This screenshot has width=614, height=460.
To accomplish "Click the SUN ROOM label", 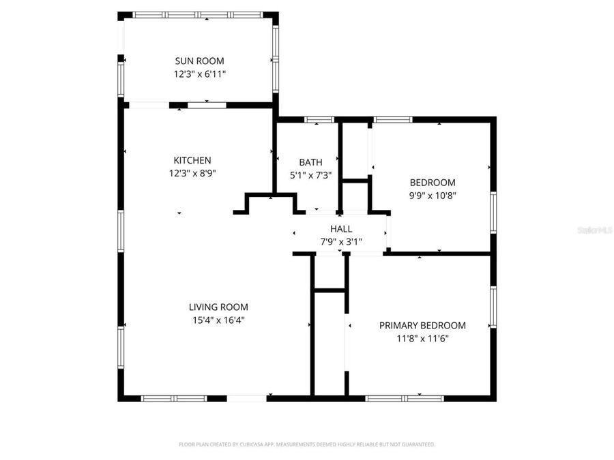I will coord(199,61).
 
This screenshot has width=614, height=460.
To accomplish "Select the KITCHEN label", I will coord(192,160).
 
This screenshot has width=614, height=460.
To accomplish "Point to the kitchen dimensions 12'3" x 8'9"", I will coord(192,172).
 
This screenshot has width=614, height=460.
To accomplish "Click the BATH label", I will coord(310,162).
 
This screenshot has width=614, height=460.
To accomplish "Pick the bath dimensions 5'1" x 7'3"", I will coord(310,174).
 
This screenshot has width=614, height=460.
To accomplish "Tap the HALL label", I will coord(341,229).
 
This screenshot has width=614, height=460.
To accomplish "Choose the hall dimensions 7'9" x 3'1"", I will coord(341,241).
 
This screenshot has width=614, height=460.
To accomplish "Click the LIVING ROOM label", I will coord(218,307).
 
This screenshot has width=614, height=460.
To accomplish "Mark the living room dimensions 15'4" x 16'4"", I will coord(218,319).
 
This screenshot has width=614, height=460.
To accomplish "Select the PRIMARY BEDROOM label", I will coord(422,326).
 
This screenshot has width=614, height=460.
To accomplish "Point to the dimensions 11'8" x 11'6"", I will coord(422,338).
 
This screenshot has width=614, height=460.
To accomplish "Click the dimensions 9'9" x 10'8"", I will coord(433,195).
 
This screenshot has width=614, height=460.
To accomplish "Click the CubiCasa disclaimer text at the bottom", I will coord(306,444).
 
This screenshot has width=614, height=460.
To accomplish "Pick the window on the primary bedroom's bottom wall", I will coord(405,398).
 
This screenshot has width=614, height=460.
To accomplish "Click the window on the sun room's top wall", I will coord(198,14).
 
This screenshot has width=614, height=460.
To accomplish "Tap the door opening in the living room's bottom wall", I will coord(246,398).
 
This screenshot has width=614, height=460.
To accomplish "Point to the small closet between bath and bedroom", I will coord(355,196).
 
